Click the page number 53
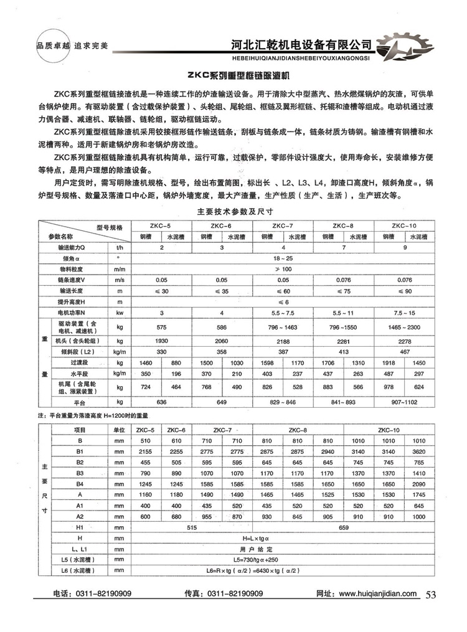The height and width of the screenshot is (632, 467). pyautogui.click(x=431, y=594)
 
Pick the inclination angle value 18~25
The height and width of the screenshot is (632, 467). pyautogui.click(x=283, y=257)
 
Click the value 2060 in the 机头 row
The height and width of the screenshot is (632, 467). pyautogui.click(x=222, y=342)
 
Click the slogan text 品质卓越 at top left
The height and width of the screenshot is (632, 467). pyautogui.click(x=51, y=46)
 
